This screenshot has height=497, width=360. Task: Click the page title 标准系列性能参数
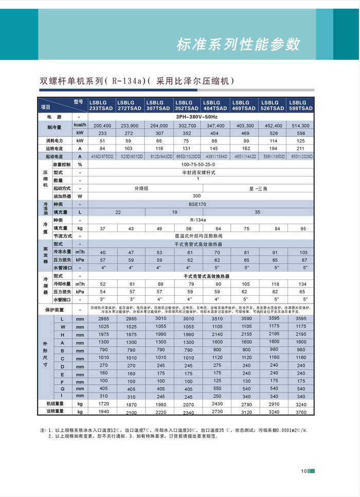[x=238, y=44]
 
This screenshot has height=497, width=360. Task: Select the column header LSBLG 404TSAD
[x=215, y=105]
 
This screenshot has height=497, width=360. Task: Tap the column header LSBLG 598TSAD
[x=301, y=105]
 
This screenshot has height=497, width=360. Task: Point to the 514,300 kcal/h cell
[x=301, y=126]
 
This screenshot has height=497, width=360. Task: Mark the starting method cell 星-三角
[x=258, y=188]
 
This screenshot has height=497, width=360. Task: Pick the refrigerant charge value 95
[x=303, y=228]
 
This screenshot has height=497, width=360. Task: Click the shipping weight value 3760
[x=301, y=412]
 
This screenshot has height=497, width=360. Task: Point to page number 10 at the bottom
[x=304, y=471]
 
